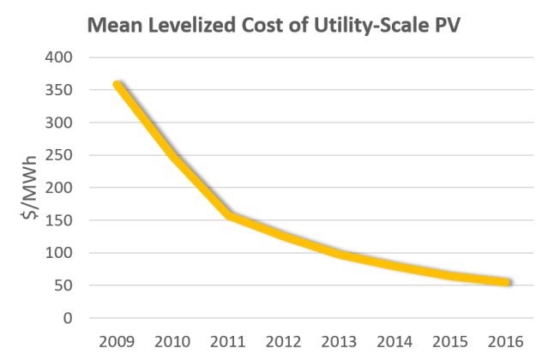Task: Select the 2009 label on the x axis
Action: [117, 341]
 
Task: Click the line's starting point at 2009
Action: [118, 84]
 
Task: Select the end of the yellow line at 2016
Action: [508, 281]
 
